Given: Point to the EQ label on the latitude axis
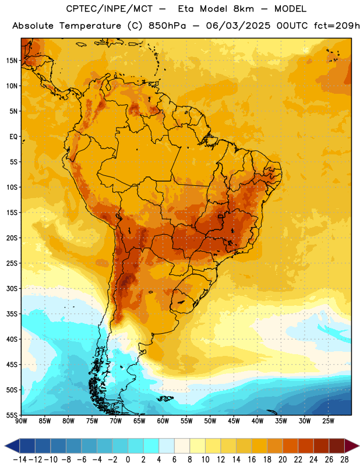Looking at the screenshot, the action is pyautogui.click(x=13, y=137).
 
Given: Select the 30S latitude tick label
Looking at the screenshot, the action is pyautogui.click(x=12, y=288).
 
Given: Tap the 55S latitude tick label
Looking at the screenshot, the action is pyautogui.click(x=12, y=415).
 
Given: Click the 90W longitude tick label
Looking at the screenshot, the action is pyautogui.click(x=21, y=421).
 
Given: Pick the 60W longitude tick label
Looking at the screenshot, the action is pyautogui.click(x=163, y=421).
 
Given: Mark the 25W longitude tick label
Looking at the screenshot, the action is pyautogui.click(x=328, y=421).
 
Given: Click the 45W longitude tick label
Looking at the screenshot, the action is pyautogui.click(x=234, y=421).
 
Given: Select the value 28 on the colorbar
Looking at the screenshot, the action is pyautogui.click(x=344, y=460).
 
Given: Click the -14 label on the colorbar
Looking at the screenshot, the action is pyautogui.click(x=20, y=460).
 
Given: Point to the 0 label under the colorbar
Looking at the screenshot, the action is pyautogui.click(x=128, y=460).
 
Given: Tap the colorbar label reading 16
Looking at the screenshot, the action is pyautogui.click(x=252, y=460).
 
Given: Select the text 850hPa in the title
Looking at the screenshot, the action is pyautogui.click(x=167, y=26).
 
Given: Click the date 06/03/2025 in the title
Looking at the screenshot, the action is pyautogui.click(x=238, y=26).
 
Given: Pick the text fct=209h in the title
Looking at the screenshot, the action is pyautogui.click(x=337, y=26).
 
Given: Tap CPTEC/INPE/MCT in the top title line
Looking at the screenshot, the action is pyautogui.click(x=110, y=9).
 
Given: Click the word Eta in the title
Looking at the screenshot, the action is pyautogui.click(x=186, y=9).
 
